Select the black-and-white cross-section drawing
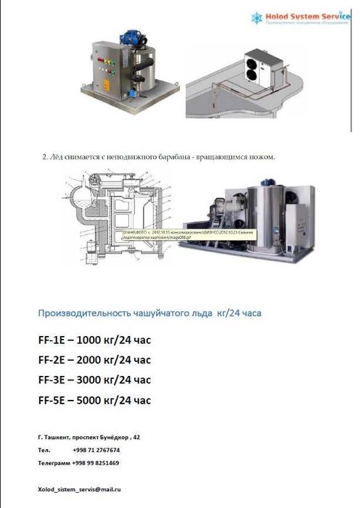[x=119, y=216]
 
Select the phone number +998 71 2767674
[x=97, y=450]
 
